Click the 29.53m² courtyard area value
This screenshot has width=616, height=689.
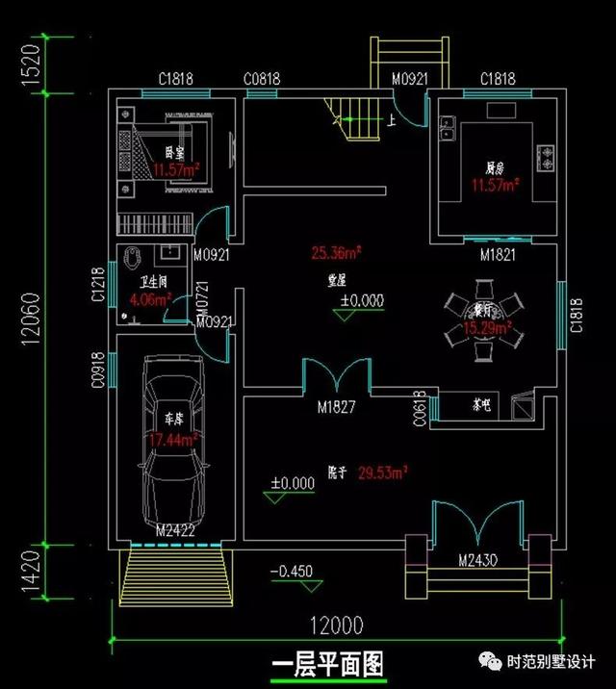[x=383, y=472]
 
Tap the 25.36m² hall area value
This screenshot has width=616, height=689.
[x=336, y=254]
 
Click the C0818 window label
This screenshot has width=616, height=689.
[x=261, y=79]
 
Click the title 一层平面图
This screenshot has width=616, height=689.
[x=328, y=664]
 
